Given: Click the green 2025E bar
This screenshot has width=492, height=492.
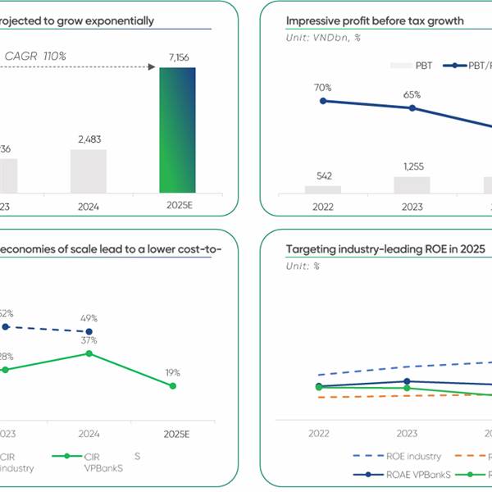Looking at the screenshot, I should (177, 130).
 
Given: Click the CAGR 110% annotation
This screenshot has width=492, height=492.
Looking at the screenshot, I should (36, 56).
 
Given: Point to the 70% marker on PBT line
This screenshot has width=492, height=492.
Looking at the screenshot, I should (323, 101).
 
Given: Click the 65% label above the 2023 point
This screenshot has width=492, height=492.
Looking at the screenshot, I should (412, 94).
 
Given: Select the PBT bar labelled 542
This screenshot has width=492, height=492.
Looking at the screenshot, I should (323, 189).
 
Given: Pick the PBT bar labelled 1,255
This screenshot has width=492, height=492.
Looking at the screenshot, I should (412, 184).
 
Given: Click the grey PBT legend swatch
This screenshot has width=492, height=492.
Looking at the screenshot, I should (399, 66).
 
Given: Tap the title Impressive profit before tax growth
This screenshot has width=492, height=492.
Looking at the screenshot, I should (374, 20).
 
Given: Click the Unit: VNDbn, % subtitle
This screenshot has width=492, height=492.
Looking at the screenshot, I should (323, 38).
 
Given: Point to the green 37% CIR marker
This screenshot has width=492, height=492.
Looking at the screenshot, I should (89, 353).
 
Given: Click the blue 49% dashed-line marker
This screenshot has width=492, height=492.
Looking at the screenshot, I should (89, 332).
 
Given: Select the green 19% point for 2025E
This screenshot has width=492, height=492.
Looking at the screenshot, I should (173, 385).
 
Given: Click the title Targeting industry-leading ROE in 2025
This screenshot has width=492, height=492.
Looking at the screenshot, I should (385, 249).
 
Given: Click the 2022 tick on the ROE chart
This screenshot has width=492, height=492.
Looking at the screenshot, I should (319, 433).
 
